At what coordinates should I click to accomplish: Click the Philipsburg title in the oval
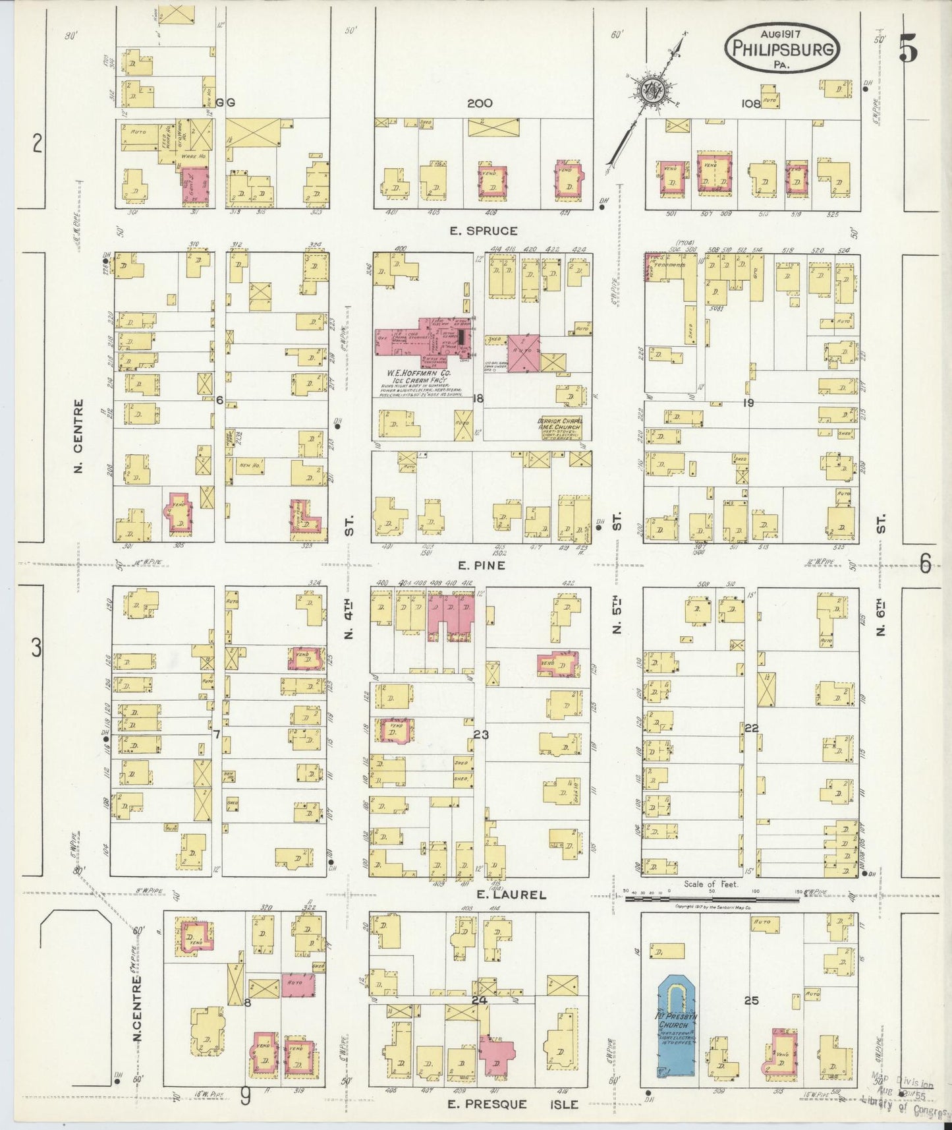pos(782,48)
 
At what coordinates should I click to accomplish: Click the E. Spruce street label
pos(484,231)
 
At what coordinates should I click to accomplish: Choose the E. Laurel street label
pos(511,895)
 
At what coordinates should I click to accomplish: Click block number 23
pos(480,733)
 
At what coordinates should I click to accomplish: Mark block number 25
pos(751,1000)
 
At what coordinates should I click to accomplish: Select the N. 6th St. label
pos(881,574)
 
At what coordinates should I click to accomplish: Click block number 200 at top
pos(480,104)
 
